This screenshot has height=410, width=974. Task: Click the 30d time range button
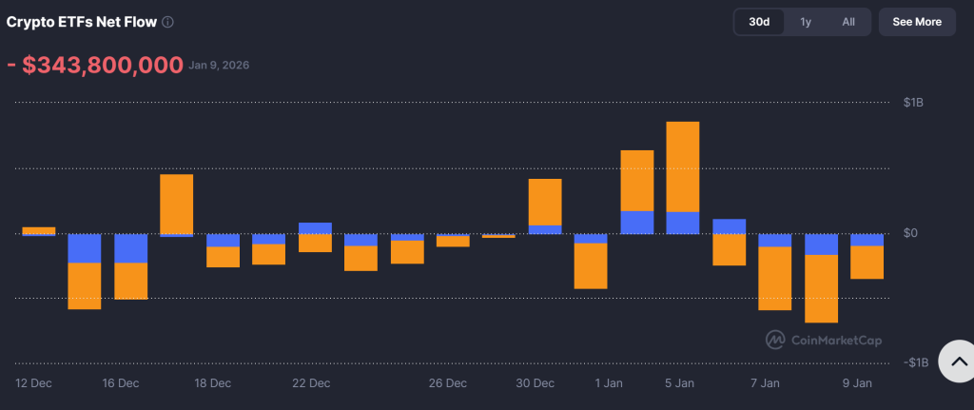click(x=759, y=22)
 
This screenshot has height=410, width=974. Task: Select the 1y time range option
click(x=806, y=22)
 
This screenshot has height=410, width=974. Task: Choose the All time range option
click(x=848, y=22)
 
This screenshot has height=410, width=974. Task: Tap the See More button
click(x=916, y=22)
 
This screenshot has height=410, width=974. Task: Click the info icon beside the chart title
click(x=168, y=22)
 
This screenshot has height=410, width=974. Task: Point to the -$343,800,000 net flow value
click(x=94, y=66)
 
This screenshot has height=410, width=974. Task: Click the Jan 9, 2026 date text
click(x=219, y=66)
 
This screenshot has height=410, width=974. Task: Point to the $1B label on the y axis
click(x=914, y=103)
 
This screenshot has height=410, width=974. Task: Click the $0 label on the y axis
click(x=911, y=233)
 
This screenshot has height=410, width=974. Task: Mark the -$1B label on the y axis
click(x=915, y=362)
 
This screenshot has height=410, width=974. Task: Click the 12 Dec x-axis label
click(x=34, y=383)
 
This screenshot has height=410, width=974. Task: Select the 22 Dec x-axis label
click(x=311, y=383)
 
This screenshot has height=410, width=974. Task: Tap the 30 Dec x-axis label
click(x=536, y=383)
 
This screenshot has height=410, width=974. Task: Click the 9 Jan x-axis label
click(x=857, y=383)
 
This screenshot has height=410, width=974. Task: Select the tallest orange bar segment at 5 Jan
click(x=683, y=166)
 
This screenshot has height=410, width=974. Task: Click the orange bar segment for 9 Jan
click(x=867, y=263)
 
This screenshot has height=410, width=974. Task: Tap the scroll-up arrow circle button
click(x=958, y=361)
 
